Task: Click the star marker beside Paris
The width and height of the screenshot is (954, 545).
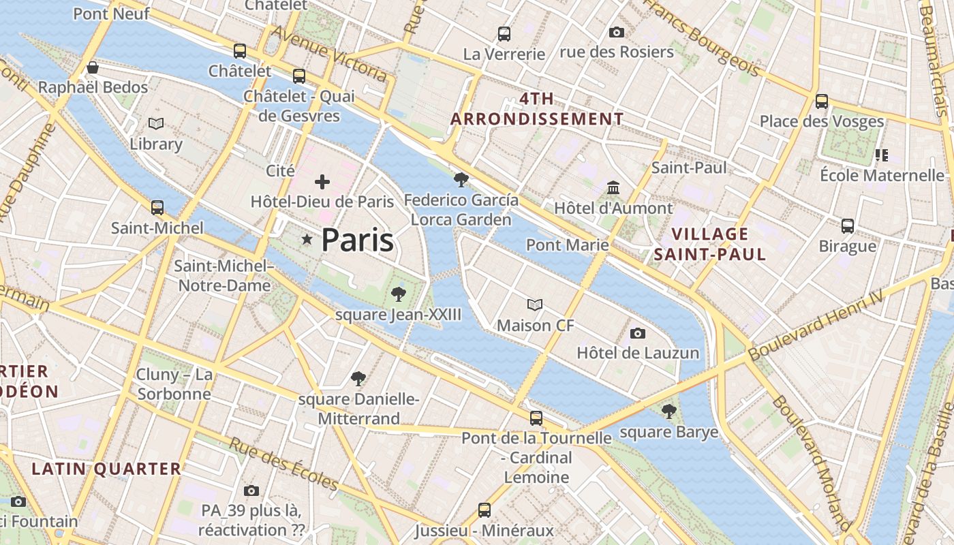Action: tap(307, 239)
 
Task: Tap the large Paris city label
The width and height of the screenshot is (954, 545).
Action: tap(357, 240)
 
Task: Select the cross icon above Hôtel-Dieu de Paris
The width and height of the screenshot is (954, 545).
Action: tap(322, 182)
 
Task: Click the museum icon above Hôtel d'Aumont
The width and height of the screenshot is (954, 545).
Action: tap(613, 187)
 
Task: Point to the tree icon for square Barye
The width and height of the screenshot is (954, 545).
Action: tap(669, 411)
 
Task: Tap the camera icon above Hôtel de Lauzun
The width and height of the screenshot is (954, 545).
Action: tap(638, 333)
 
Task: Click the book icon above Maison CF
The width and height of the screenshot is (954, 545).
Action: tap(535, 305)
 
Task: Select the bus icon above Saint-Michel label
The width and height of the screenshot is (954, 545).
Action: tap(157, 207)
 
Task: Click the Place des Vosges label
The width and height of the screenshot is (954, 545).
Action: tap(822, 122)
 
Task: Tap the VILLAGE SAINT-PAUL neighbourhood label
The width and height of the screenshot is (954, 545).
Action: tap(709, 244)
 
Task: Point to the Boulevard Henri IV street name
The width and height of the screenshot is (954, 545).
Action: tap(816, 325)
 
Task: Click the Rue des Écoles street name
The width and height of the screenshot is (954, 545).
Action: tap(283, 464)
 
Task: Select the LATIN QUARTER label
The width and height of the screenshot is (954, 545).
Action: tap(106, 469)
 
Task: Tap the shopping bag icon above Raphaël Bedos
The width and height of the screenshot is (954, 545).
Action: tap(93, 67)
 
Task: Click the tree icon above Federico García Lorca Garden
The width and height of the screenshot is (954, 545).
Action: tap(461, 180)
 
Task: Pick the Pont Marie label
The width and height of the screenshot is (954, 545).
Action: tap(567, 245)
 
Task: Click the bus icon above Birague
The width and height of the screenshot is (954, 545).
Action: tap(848, 225)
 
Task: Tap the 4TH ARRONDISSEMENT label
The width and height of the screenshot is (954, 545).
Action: tap(537, 109)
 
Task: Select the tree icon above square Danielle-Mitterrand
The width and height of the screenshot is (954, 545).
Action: tap(358, 379)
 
